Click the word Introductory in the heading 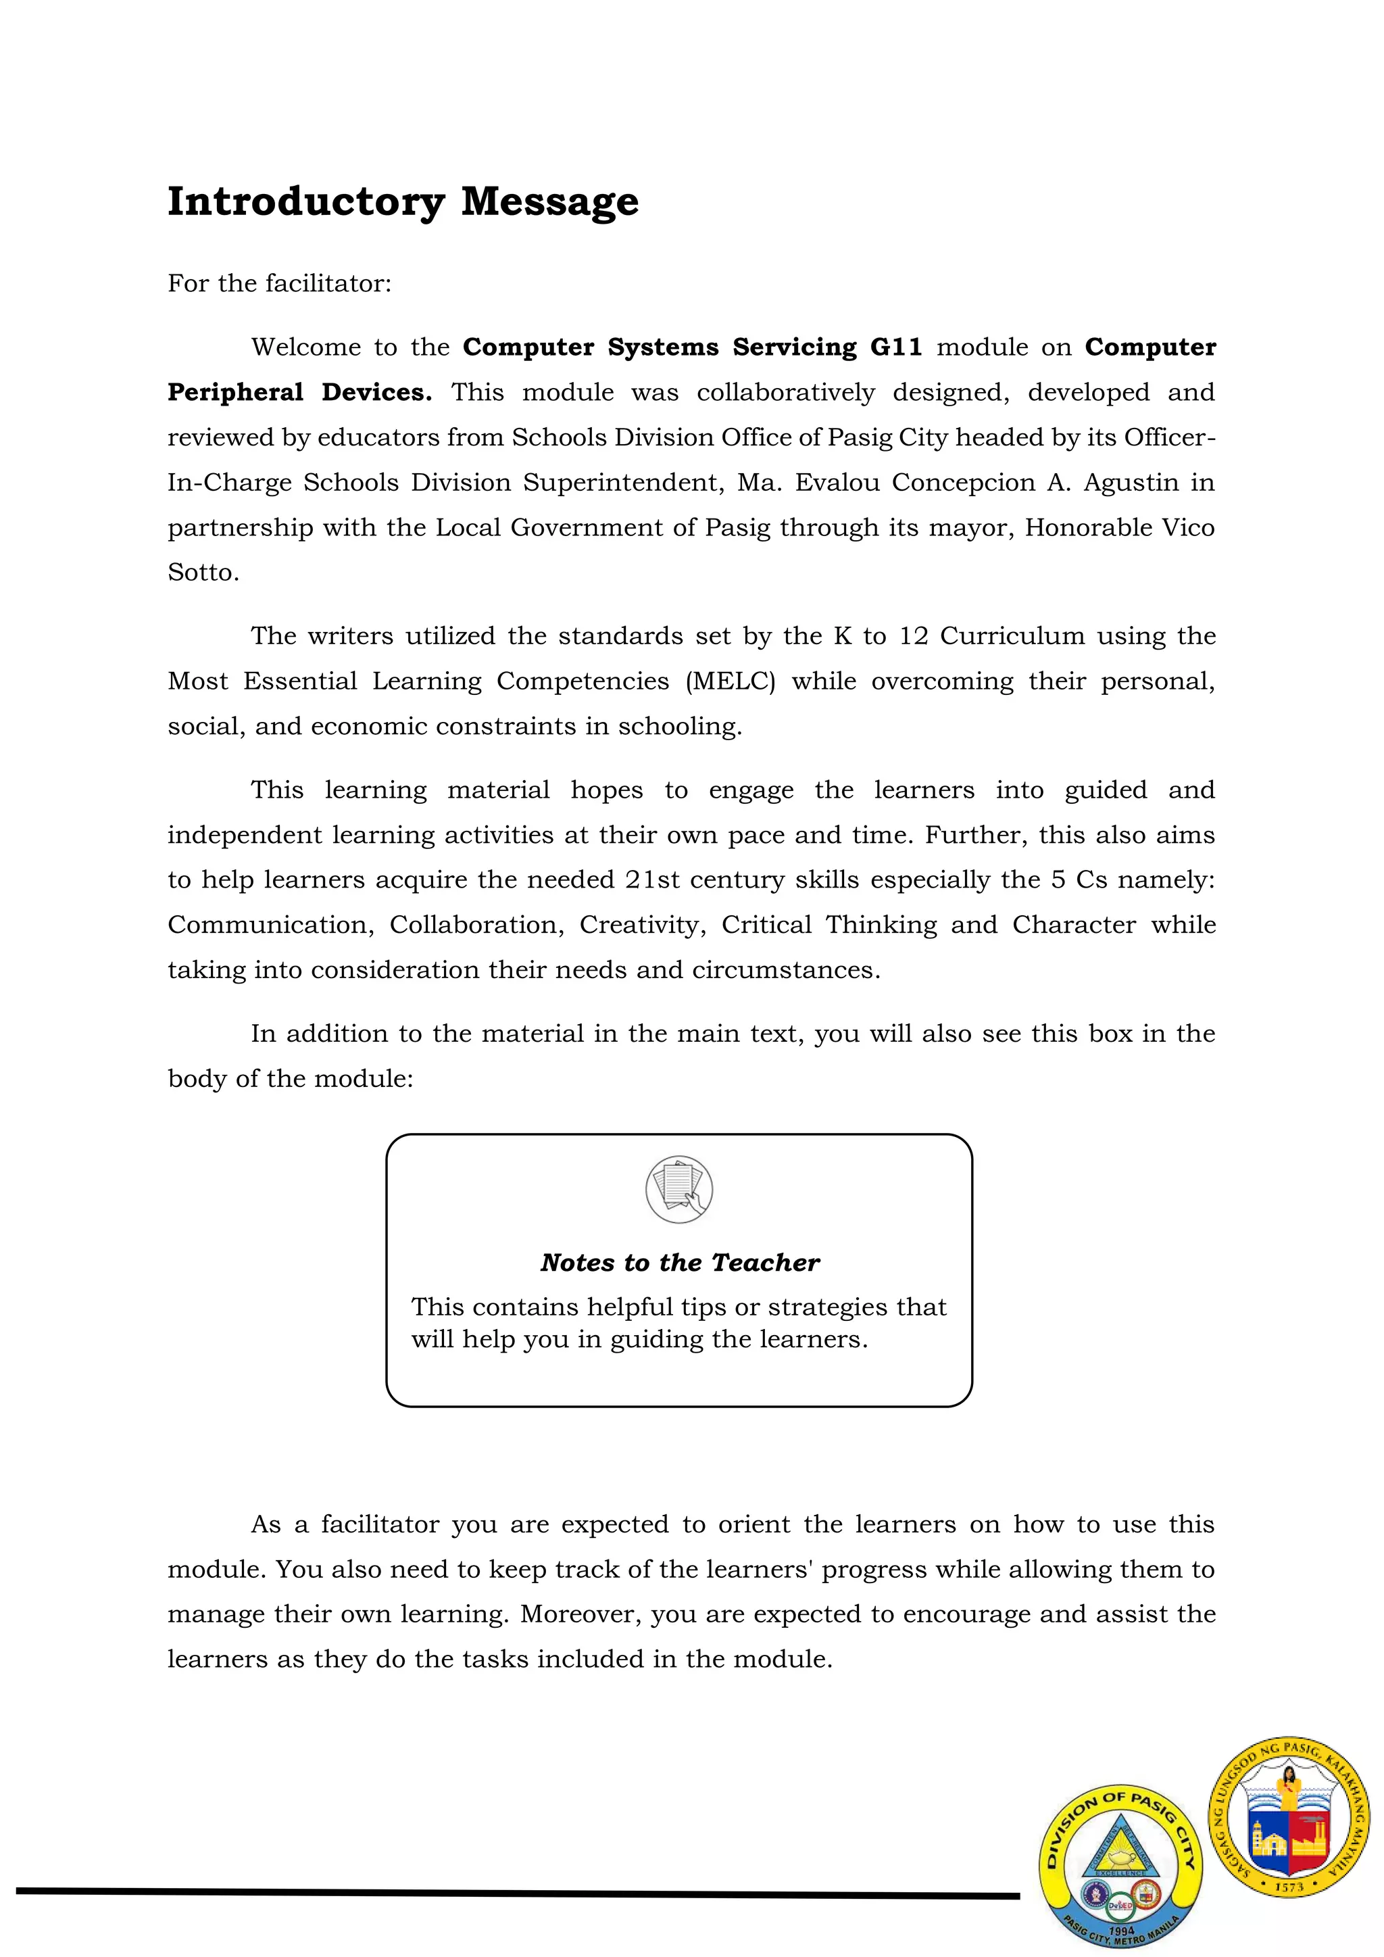305,202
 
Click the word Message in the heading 549,202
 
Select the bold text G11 895,347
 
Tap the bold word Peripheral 235,393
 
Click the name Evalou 837,483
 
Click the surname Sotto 203,573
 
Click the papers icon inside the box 678,1189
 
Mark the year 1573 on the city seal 1289,1887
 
